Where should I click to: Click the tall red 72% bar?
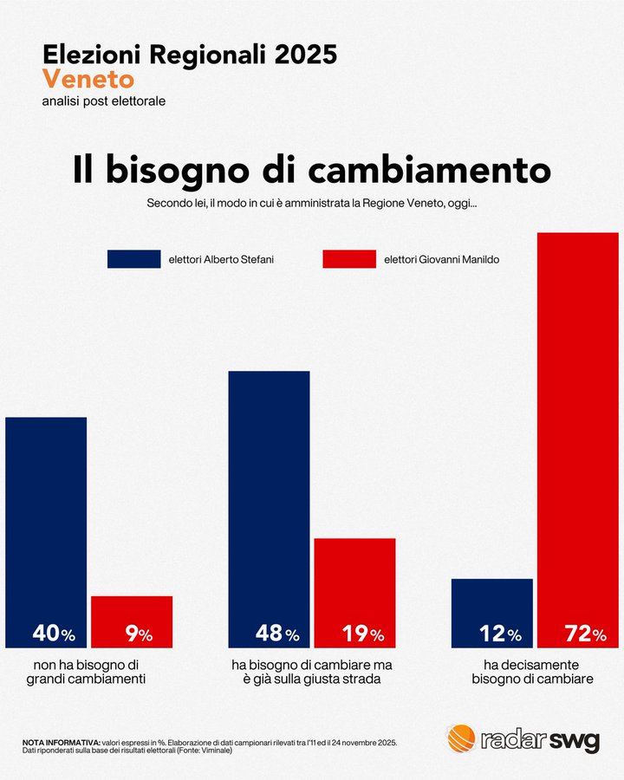578,433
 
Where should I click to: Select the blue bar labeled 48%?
269,503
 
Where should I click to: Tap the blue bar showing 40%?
46,529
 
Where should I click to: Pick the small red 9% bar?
132,620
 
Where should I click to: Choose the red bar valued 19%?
354,589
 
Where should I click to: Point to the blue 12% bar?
492,611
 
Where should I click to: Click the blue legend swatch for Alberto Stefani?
133,259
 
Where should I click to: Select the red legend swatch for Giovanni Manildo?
348,259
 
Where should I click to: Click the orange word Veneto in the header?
88,80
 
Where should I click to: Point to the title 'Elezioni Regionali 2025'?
190,54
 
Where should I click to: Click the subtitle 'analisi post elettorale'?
103,101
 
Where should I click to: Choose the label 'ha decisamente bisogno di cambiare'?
532,672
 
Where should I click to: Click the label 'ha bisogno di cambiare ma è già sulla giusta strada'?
311,672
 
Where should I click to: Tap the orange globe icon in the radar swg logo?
461,738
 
